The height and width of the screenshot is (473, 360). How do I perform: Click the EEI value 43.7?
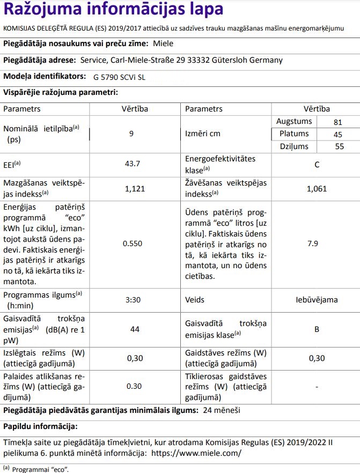coord(132,164)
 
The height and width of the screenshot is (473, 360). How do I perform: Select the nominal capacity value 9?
coord(131,133)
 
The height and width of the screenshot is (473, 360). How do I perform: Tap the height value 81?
coord(337,122)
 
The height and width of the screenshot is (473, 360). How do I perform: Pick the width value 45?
coord(337,134)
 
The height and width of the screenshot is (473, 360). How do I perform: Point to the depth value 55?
coord(339,146)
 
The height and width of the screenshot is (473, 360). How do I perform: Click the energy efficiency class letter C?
coord(317,165)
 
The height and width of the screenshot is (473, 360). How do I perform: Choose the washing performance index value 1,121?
coord(132,188)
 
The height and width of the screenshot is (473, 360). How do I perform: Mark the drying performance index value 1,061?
coord(317,188)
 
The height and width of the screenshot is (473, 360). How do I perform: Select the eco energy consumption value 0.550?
coord(132,243)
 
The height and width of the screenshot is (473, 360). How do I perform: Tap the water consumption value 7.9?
coord(317,243)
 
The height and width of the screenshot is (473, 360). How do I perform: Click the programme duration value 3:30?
coord(133,300)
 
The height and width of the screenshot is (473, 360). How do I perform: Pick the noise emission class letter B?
coord(317,329)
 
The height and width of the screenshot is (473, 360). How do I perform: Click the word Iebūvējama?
coord(317,300)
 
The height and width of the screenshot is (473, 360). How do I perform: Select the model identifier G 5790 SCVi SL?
coord(119,77)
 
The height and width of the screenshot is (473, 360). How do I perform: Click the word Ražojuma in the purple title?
coord(40,11)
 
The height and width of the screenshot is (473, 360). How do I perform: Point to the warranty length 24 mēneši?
coord(222,410)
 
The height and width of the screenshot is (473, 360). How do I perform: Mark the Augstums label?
coord(293,122)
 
